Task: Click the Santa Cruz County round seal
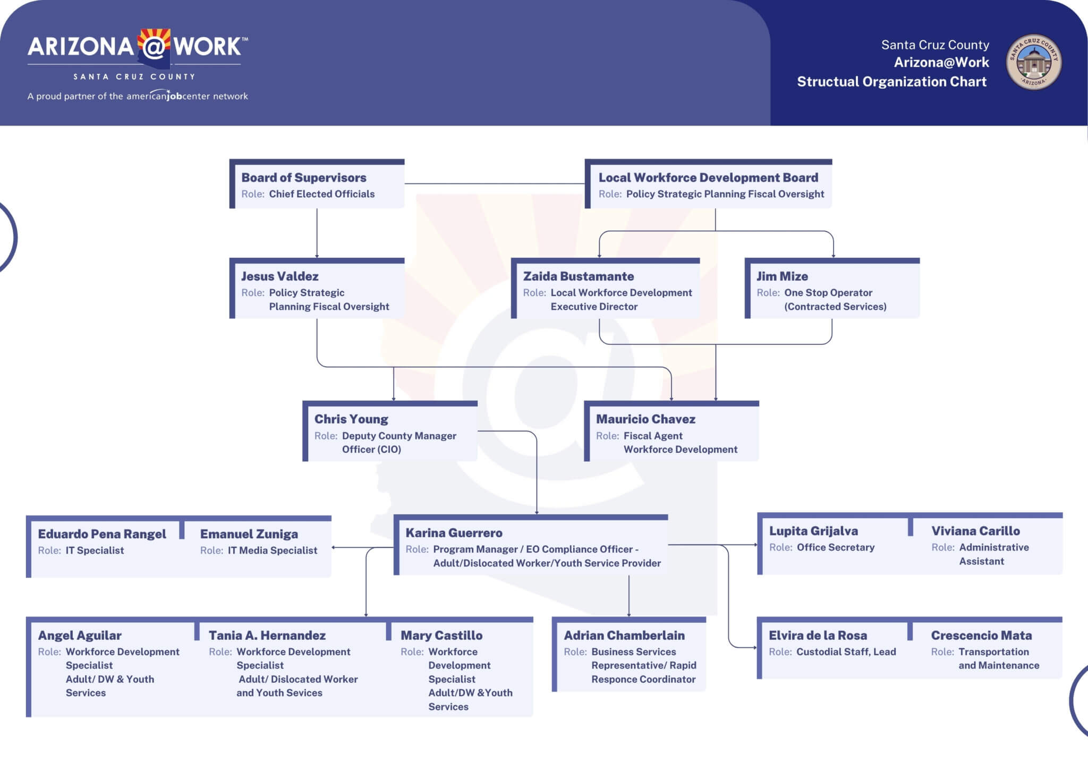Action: pyautogui.click(x=1034, y=62)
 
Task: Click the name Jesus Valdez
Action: pyautogui.click(x=280, y=276)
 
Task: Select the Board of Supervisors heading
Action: pyautogui.click(x=304, y=177)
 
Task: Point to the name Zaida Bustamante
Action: pyautogui.click(x=579, y=276)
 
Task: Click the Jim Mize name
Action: pyautogui.click(x=782, y=276)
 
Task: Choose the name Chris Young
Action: pyautogui.click(x=351, y=419)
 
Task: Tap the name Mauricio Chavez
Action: pyautogui.click(x=645, y=419)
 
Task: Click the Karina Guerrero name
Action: pyautogui.click(x=454, y=533)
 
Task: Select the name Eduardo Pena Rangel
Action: pyautogui.click(x=102, y=534)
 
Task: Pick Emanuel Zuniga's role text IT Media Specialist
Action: pyautogui.click(x=273, y=551)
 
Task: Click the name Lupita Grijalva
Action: pyautogui.click(x=813, y=531)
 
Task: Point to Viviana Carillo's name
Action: pyautogui.click(x=975, y=531)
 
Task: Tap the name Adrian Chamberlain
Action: pyautogui.click(x=624, y=636)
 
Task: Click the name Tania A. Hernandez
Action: pyautogui.click(x=267, y=636)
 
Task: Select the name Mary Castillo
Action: pyautogui.click(x=441, y=636)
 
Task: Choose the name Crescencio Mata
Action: pyautogui.click(x=981, y=636)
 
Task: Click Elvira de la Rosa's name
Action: pyautogui.click(x=818, y=636)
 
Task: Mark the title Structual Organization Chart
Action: pyautogui.click(x=891, y=82)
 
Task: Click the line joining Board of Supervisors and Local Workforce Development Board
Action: pyautogui.click(x=495, y=184)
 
